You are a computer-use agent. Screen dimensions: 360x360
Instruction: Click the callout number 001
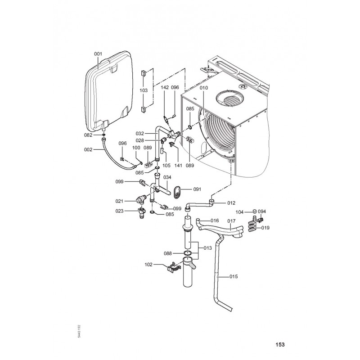tap(98, 54)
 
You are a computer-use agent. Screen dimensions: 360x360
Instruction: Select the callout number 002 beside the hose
tap(88, 149)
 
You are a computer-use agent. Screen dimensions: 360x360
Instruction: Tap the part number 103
tap(144, 90)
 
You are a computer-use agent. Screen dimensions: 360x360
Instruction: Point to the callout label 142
tap(165, 87)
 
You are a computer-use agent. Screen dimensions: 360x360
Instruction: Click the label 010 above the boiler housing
tap(204, 87)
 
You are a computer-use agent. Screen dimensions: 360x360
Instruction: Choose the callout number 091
tap(197, 189)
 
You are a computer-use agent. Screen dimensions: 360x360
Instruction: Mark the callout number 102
tap(148, 265)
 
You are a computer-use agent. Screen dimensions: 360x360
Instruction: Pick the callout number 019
tap(265, 228)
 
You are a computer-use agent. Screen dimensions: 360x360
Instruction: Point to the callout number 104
tap(239, 211)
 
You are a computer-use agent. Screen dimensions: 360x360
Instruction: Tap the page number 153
tap(280, 345)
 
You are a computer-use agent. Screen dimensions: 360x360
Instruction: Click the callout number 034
tap(167, 177)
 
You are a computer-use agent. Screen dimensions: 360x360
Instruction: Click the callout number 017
tap(231, 220)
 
